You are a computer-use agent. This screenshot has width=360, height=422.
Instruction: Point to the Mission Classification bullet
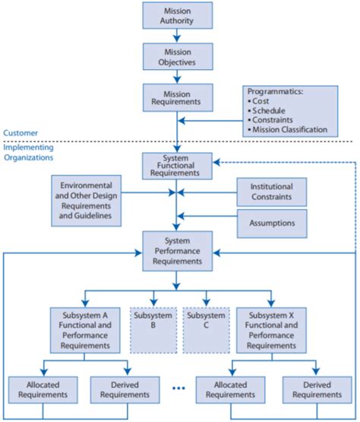tap(291, 129)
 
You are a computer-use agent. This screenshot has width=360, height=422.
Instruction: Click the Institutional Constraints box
tap(271, 191)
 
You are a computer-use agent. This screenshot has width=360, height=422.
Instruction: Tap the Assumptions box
tap(271, 223)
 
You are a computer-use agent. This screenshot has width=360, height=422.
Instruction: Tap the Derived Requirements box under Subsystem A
tap(119, 390)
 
